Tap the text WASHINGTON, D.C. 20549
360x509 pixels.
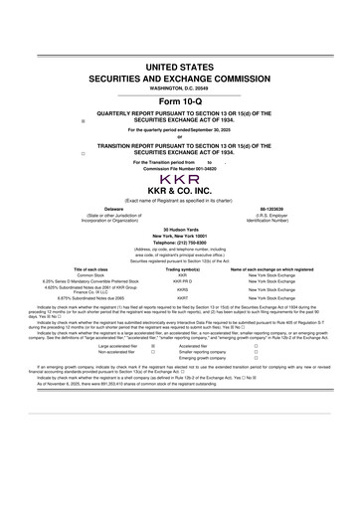pyautogui.click(x=180, y=87)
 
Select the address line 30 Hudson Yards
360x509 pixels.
pyautogui.click(x=180, y=230)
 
